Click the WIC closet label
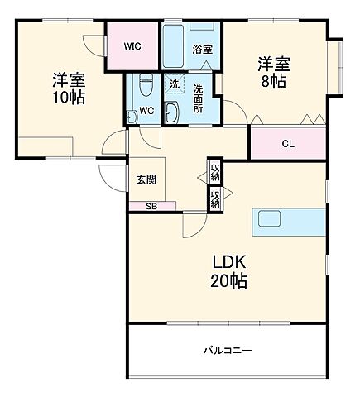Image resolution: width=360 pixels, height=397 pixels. point(132,46)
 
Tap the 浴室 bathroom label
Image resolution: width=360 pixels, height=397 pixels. point(201,50)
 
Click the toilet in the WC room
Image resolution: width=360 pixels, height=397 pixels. point(146,85)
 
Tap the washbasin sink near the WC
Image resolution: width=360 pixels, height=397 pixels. point(171,113)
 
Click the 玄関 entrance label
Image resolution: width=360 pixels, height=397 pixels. point(146,179)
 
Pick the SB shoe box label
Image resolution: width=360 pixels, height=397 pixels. point(151,205)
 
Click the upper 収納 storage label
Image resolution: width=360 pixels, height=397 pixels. point(215,172)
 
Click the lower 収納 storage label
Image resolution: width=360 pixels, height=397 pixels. point(215,198)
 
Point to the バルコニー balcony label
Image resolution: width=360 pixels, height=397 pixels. point(228,351)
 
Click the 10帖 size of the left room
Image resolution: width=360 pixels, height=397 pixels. point(69,97)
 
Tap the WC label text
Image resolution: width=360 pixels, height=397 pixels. point(146,110)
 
